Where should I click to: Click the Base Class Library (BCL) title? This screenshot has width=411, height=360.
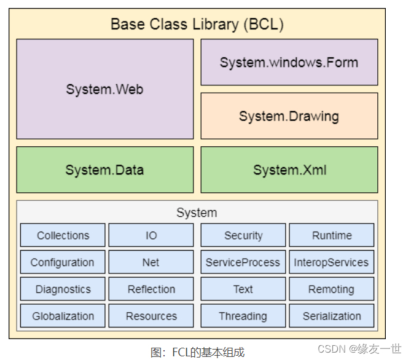click(x=197, y=24)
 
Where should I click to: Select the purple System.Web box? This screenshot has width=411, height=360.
click(x=104, y=89)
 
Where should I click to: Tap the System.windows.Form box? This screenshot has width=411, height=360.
click(x=289, y=62)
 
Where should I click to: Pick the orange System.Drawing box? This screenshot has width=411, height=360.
click(x=289, y=115)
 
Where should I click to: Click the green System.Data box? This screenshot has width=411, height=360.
click(x=104, y=170)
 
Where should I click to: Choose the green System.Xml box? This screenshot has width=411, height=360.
click(x=289, y=170)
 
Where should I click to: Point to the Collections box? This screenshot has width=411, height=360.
click(x=63, y=235)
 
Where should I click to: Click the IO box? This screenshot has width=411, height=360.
click(x=151, y=235)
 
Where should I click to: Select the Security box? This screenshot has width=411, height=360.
click(x=243, y=235)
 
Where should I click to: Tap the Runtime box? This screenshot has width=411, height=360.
click(x=332, y=235)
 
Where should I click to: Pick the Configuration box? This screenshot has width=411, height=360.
click(x=63, y=262)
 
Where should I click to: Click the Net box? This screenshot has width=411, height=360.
click(x=151, y=262)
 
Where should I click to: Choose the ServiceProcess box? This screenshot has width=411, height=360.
click(x=243, y=262)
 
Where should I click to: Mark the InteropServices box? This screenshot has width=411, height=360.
click(x=332, y=262)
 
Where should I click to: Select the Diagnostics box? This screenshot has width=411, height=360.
click(x=63, y=289)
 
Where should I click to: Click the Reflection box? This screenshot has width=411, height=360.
click(x=151, y=289)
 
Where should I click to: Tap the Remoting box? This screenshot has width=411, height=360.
click(x=332, y=289)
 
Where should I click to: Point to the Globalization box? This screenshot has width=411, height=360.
click(x=63, y=316)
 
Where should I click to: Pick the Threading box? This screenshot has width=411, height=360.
click(x=243, y=316)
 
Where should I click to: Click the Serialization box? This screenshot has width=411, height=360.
click(x=332, y=316)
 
